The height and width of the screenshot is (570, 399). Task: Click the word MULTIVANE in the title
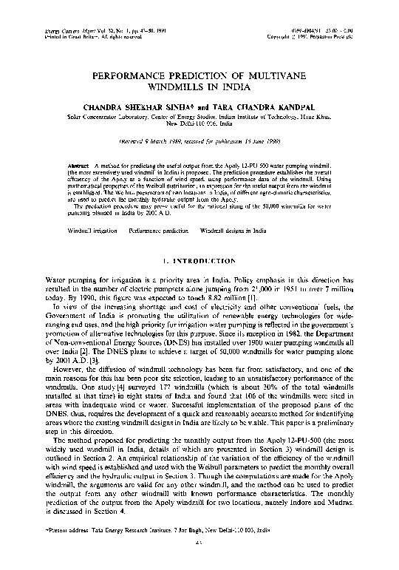272,75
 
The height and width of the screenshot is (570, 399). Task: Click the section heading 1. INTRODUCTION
199,261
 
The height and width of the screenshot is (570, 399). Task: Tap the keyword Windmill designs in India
233,231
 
